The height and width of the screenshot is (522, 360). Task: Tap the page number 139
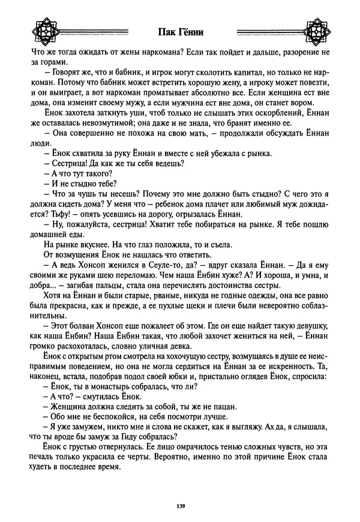pos(180,507)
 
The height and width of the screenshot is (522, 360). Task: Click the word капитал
pos(243,73)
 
